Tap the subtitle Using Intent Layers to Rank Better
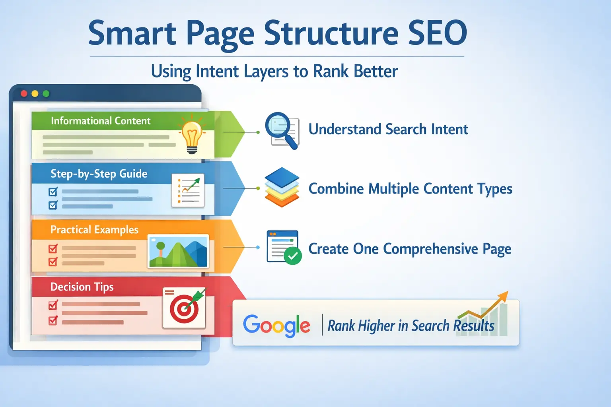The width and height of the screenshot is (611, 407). [x=274, y=72]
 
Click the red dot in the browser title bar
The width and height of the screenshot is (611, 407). [x=24, y=93]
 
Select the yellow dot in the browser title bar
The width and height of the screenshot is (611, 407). [x=35, y=93]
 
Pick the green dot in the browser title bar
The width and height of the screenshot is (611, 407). [x=46, y=93]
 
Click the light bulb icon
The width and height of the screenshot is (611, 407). [x=192, y=135]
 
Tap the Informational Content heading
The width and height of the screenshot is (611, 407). [x=101, y=121]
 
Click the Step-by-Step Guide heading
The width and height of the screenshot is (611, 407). [x=99, y=174]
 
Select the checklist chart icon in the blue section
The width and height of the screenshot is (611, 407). [x=188, y=190]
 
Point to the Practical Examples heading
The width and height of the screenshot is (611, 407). [x=94, y=230]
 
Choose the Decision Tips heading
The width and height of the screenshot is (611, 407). [x=82, y=287]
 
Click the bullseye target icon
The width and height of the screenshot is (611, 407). [x=184, y=308]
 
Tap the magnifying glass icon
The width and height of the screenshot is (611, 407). [x=282, y=130]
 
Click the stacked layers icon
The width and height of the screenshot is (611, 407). [x=282, y=188]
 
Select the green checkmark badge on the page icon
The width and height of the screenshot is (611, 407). [x=293, y=256]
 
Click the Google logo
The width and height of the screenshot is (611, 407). [x=276, y=325]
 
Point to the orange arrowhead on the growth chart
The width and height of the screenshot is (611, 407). [x=504, y=295]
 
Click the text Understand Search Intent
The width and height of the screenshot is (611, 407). [x=388, y=130]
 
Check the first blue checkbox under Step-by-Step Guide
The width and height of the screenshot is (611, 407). [x=53, y=192]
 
